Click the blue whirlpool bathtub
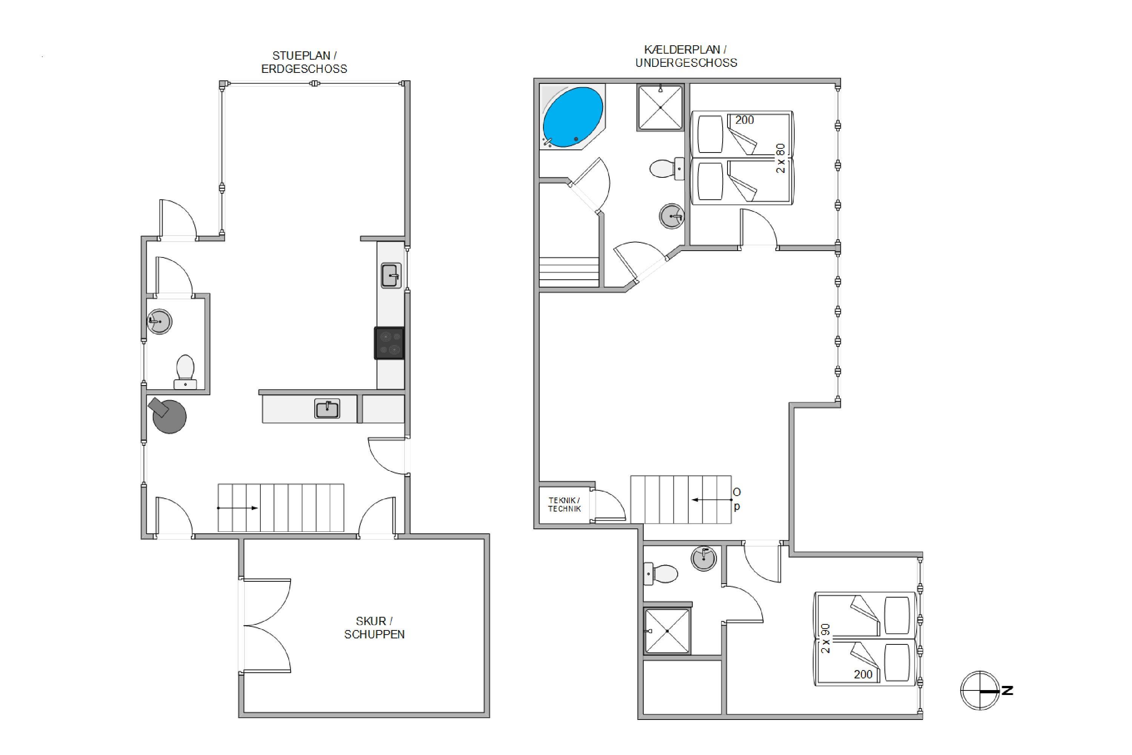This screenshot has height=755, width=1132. click(x=572, y=117)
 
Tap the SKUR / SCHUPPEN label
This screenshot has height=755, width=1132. click(x=374, y=628)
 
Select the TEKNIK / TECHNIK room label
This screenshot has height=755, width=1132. click(x=564, y=505)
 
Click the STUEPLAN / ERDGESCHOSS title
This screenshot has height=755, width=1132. click(x=304, y=62)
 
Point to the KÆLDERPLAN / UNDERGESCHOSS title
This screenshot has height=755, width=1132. click(x=686, y=56)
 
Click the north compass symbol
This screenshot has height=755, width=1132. click(x=980, y=690)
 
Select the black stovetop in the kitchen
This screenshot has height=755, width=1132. click(x=389, y=343)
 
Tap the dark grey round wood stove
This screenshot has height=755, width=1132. click(x=168, y=415)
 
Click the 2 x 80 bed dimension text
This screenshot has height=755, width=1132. click(x=780, y=158)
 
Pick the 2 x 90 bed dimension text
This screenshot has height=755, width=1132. click(x=826, y=638)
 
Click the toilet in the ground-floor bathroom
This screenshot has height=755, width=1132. click(x=185, y=372)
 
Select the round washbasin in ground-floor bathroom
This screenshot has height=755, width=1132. click(x=159, y=321)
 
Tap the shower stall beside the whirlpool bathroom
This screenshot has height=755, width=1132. click(x=660, y=107)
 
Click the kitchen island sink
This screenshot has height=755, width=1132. click(x=327, y=409)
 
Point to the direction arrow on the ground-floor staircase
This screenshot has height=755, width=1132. click(x=237, y=508)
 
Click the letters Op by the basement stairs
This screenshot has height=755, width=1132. click(x=737, y=499)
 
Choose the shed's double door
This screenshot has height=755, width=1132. click(x=266, y=626)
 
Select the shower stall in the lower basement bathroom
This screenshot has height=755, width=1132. click(x=667, y=631)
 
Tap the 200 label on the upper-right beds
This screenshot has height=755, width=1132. click(x=744, y=120)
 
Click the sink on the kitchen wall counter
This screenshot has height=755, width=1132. click(x=391, y=276)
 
